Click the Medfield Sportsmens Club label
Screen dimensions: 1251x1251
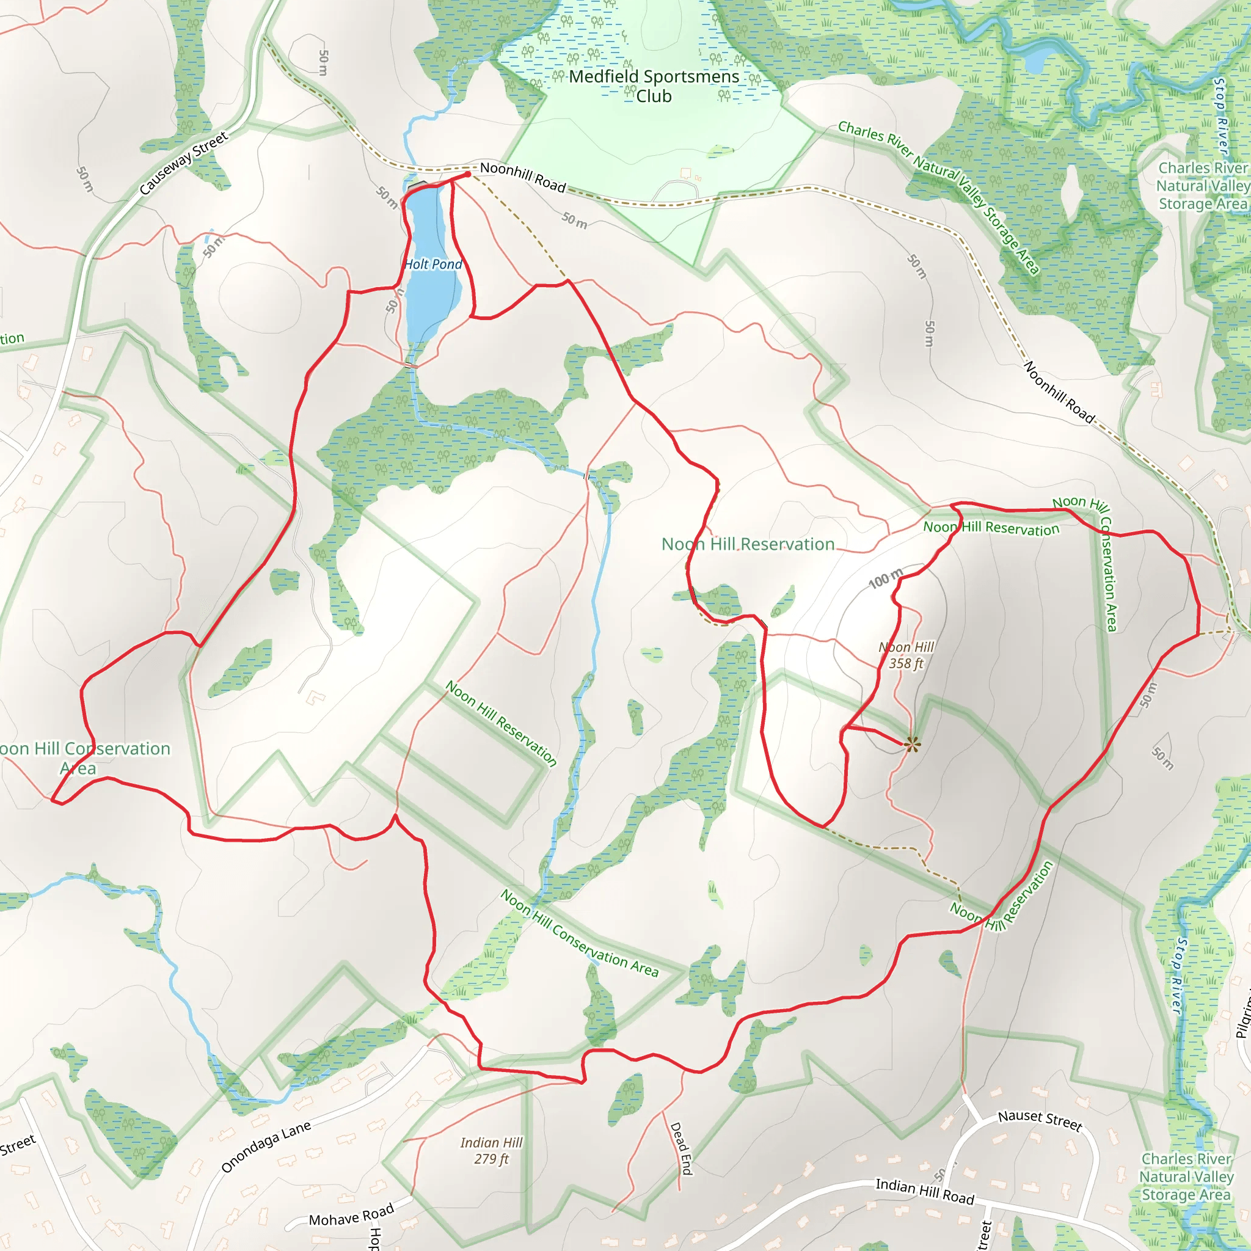[x=654, y=86]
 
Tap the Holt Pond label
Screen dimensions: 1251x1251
[x=432, y=264]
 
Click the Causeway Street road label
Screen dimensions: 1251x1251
[x=184, y=163]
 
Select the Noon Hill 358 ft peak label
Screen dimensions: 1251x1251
[x=906, y=655]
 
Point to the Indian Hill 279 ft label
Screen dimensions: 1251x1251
[x=492, y=1151]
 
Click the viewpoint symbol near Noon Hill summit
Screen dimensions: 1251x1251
[x=912, y=745]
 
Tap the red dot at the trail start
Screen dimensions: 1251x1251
[x=467, y=174]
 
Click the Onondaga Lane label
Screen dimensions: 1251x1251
[x=266, y=1147]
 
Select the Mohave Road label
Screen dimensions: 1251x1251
[x=351, y=1215]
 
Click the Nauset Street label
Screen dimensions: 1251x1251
[x=1040, y=1120]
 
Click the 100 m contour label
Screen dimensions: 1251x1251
[x=885, y=578]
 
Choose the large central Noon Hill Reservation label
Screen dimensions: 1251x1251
[x=748, y=544]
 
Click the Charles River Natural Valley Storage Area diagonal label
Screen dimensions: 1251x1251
[x=939, y=196]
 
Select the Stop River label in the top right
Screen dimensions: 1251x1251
[x=1220, y=117]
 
